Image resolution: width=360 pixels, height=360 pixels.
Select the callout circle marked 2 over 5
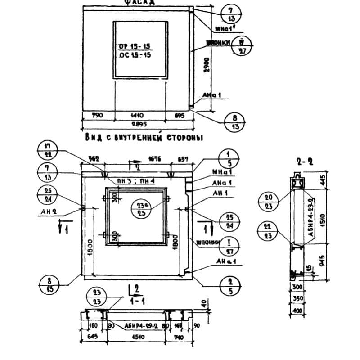[229, 282]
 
